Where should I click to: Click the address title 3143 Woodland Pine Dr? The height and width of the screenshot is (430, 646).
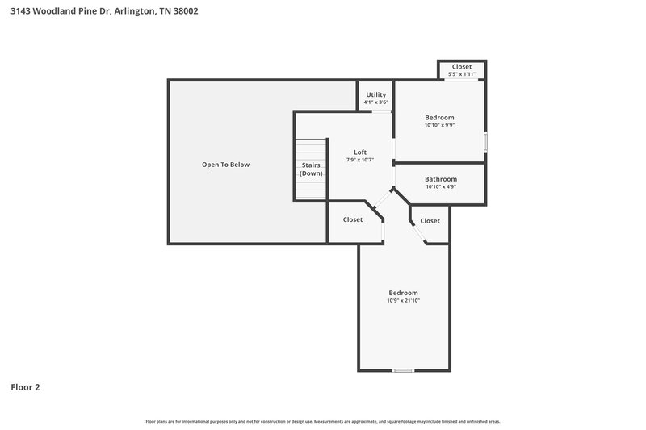pos(105,11)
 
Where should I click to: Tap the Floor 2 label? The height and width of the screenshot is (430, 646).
pos(25,387)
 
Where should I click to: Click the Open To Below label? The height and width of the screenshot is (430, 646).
pos(225,165)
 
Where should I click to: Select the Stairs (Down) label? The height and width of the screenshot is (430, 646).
pos(311,169)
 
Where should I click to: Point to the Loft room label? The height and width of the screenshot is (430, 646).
pos(360,152)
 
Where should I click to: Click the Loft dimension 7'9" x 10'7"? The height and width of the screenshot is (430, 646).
pos(360,160)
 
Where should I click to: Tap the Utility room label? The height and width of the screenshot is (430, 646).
pos(375,94)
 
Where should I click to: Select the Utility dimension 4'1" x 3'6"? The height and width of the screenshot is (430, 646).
pos(375,102)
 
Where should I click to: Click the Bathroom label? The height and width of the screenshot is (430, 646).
pos(441,179)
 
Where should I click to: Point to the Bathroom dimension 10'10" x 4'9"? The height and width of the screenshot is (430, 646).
pos(441,187)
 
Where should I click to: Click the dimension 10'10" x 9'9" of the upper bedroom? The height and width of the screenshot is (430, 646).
pos(439,125)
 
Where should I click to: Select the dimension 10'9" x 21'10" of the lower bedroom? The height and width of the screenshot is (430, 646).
pos(403,301)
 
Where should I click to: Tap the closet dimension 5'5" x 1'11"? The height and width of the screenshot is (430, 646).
pos(462,74)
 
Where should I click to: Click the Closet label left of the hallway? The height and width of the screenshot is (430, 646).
pos(353,219)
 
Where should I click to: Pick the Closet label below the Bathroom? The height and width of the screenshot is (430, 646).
pos(430,220)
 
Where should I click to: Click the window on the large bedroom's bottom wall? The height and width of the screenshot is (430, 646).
pos(403,370)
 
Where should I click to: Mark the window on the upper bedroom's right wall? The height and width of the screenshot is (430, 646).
pos(485,141)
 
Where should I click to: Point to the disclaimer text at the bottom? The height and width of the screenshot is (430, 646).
pos(323,421)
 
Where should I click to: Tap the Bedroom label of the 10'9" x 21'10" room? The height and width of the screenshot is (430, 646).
pos(403,293)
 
